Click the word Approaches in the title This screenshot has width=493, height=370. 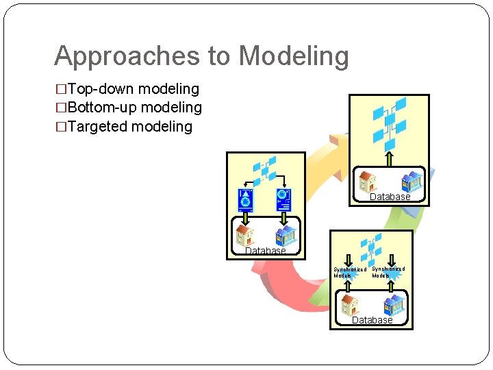114,56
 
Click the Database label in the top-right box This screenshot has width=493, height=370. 390,197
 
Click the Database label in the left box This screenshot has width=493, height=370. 265,251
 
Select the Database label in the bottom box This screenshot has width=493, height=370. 372,320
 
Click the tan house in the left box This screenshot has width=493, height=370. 244,235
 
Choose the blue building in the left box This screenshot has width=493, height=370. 285,235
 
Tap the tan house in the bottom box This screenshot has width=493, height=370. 349,303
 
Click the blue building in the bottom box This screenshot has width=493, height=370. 393,304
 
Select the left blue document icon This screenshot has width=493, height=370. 245,199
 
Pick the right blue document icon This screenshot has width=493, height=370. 283,199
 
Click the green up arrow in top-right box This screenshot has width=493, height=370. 389,159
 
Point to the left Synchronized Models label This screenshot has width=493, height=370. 349,272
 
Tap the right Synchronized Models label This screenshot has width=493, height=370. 388,272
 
